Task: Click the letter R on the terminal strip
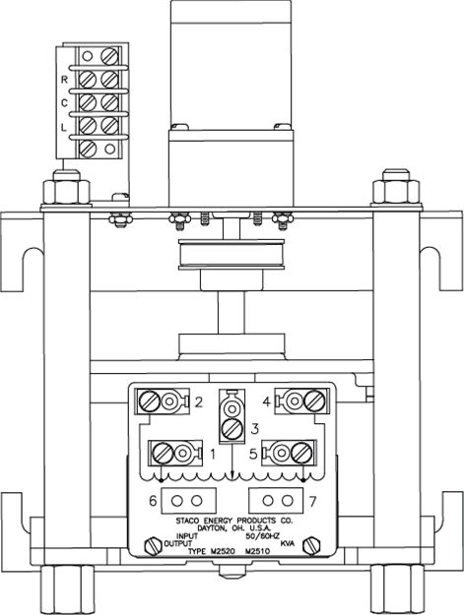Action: (x=64, y=80)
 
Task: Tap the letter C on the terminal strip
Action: (x=64, y=103)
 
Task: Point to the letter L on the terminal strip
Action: (x=64, y=127)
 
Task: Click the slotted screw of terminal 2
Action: (x=150, y=400)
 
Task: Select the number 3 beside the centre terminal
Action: (x=255, y=429)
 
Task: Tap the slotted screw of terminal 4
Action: (x=315, y=400)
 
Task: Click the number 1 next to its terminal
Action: (x=213, y=455)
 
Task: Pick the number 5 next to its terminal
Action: (x=253, y=454)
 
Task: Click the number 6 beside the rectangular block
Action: (x=153, y=501)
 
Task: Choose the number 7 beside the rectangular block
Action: (x=312, y=501)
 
